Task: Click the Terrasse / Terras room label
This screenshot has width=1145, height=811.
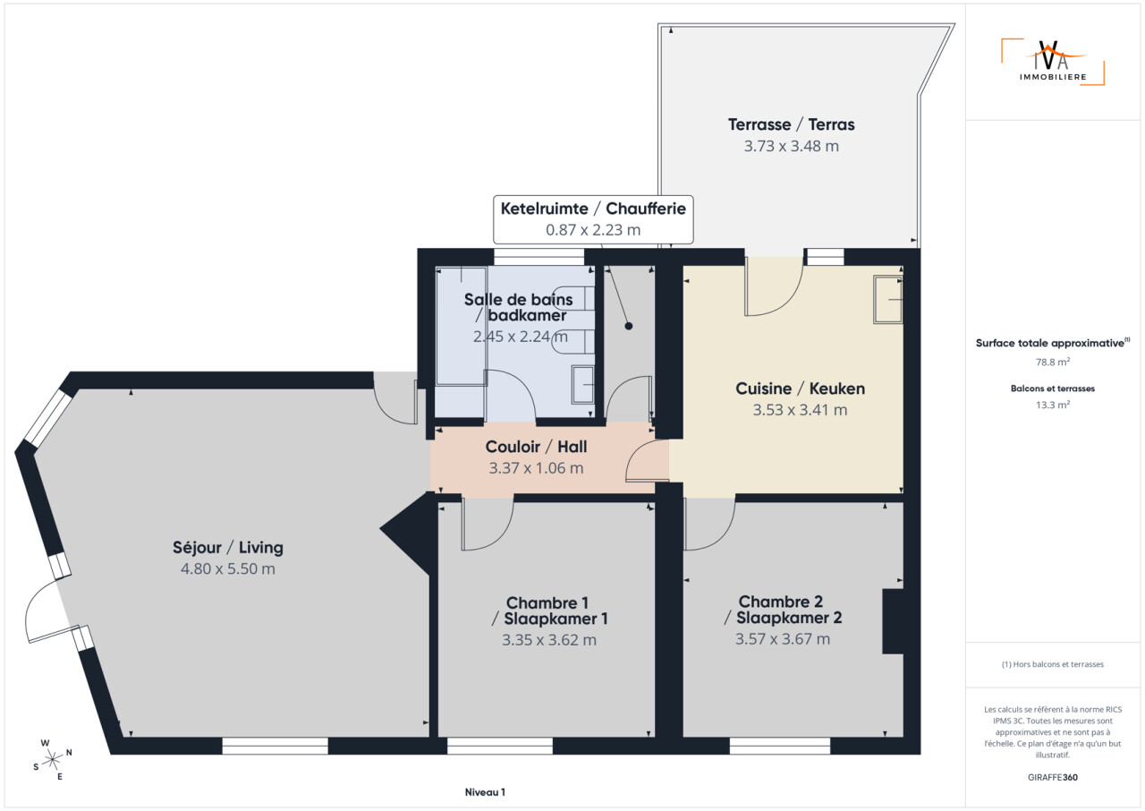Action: click(792, 124)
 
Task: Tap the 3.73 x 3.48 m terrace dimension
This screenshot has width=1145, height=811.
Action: click(792, 146)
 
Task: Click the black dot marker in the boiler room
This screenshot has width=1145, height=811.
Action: click(629, 326)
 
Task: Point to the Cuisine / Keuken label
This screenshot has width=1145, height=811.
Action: click(800, 388)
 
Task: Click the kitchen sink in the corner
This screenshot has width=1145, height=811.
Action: click(888, 300)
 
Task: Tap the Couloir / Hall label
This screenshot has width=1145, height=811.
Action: click(536, 447)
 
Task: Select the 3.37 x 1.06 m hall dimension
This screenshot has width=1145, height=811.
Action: click(536, 468)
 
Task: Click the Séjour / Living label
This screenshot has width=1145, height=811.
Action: click(228, 548)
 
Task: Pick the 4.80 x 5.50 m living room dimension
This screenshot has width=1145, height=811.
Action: click(228, 568)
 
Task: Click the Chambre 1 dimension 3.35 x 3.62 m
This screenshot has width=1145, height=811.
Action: click(549, 640)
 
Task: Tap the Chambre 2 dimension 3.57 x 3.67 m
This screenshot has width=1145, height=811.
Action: click(783, 638)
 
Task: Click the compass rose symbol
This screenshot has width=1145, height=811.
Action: click(52, 760)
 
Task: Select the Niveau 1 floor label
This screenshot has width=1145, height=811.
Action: click(485, 792)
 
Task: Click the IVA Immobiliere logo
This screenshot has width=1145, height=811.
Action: click(1053, 62)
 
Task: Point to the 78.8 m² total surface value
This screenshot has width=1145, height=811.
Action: click(1053, 362)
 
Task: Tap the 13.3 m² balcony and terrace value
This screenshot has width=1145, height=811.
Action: click(1053, 405)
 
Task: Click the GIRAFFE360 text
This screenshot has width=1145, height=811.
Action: click(1053, 777)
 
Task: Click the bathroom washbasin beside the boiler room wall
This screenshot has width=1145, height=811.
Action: click(582, 385)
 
